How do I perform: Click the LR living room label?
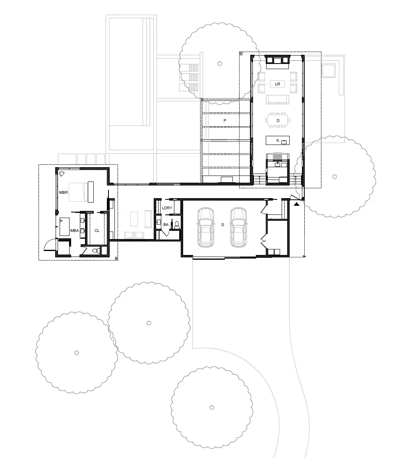(x=277, y=84)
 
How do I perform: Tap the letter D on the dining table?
(x=278, y=121)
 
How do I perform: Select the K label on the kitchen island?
(x=278, y=141)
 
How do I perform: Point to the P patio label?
(x=225, y=121)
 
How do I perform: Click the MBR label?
(x=64, y=193)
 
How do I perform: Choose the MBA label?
(x=75, y=231)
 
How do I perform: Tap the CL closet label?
(x=97, y=231)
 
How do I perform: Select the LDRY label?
(x=167, y=208)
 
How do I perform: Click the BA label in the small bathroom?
(x=166, y=225)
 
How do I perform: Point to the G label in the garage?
(x=223, y=225)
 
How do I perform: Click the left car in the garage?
(x=206, y=227)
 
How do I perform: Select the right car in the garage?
(x=239, y=227)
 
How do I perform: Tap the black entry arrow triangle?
(x=297, y=204)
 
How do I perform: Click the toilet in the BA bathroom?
(x=177, y=224)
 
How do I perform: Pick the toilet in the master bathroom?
(x=96, y=250)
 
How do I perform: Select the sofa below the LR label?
(x=278, y=100)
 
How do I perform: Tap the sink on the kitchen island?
(x=284, y=142)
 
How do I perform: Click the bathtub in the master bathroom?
(x=64, y=226)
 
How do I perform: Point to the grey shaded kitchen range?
(x=277, y=156)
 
